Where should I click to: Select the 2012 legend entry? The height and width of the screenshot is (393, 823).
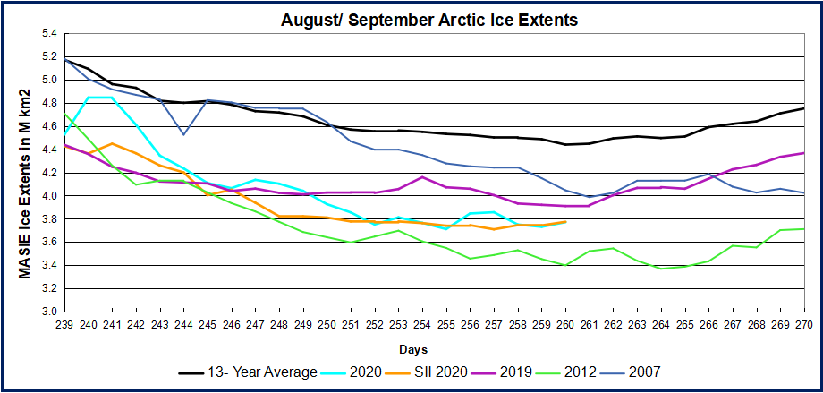[x=601, y=371]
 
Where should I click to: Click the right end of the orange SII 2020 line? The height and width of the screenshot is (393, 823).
[x=565, y=221]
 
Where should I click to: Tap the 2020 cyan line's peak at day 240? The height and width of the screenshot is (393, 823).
[x=89, y=98]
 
